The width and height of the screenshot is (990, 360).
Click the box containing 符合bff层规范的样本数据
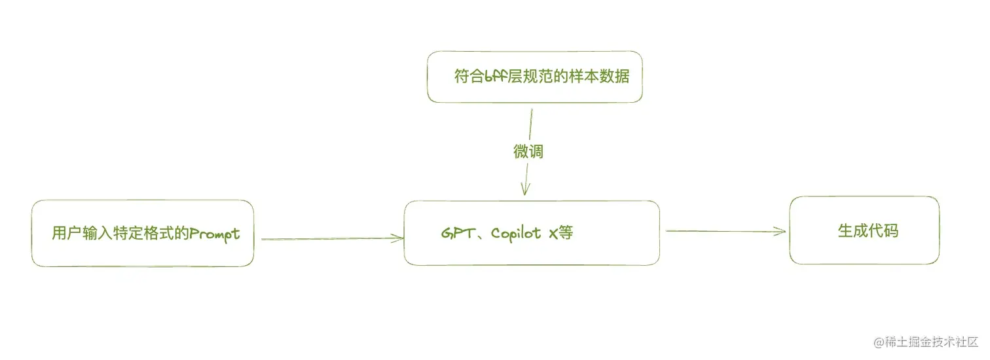coord(534,77)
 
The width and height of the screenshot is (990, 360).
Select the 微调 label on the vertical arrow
coord(528,152)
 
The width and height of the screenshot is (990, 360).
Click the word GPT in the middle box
coord(454,233)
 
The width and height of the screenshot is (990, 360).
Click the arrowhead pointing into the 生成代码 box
coord(780,231)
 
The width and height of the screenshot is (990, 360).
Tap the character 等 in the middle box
coord(566,233)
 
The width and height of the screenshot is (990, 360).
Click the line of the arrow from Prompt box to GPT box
coord(327,239)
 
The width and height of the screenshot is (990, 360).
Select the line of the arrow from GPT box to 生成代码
coord(720,231)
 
